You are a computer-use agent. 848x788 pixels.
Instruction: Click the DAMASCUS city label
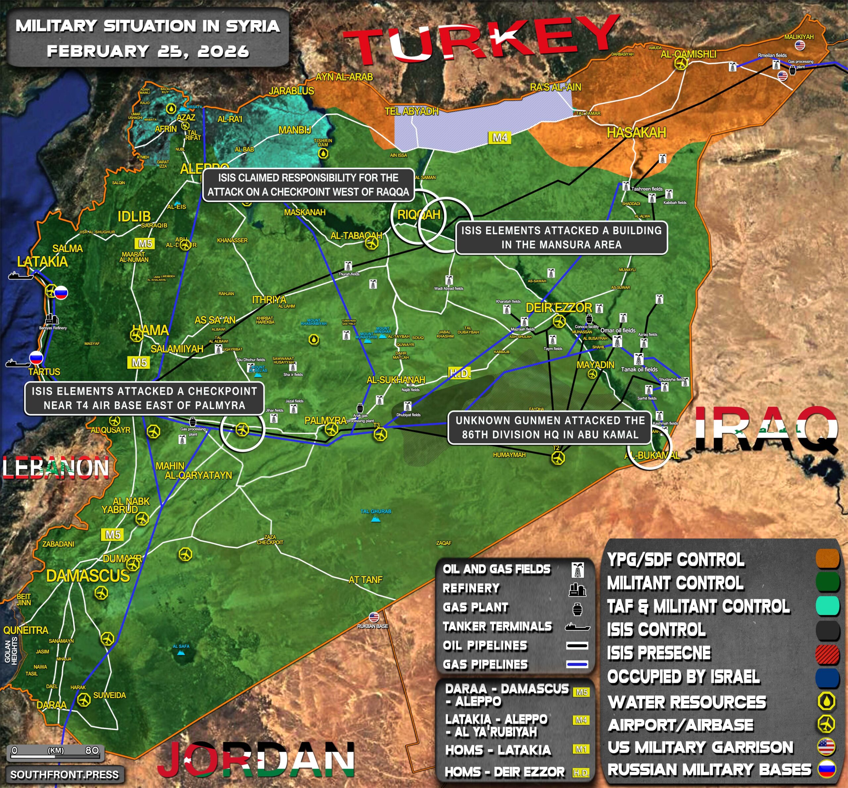point(88,576)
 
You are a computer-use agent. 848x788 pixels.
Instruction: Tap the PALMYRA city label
point(325,420)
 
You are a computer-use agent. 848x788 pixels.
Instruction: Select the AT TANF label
point(365,579)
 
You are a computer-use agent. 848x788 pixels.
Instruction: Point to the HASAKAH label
point(636,132)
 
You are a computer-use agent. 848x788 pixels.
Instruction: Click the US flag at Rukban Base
point(374,617)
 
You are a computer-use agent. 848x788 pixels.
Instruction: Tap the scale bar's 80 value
point(92,750)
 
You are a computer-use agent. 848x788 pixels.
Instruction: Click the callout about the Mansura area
point(561,237)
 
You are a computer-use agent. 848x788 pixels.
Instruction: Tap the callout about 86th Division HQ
point(550,427)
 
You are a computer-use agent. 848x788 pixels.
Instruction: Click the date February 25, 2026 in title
point(148,51)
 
